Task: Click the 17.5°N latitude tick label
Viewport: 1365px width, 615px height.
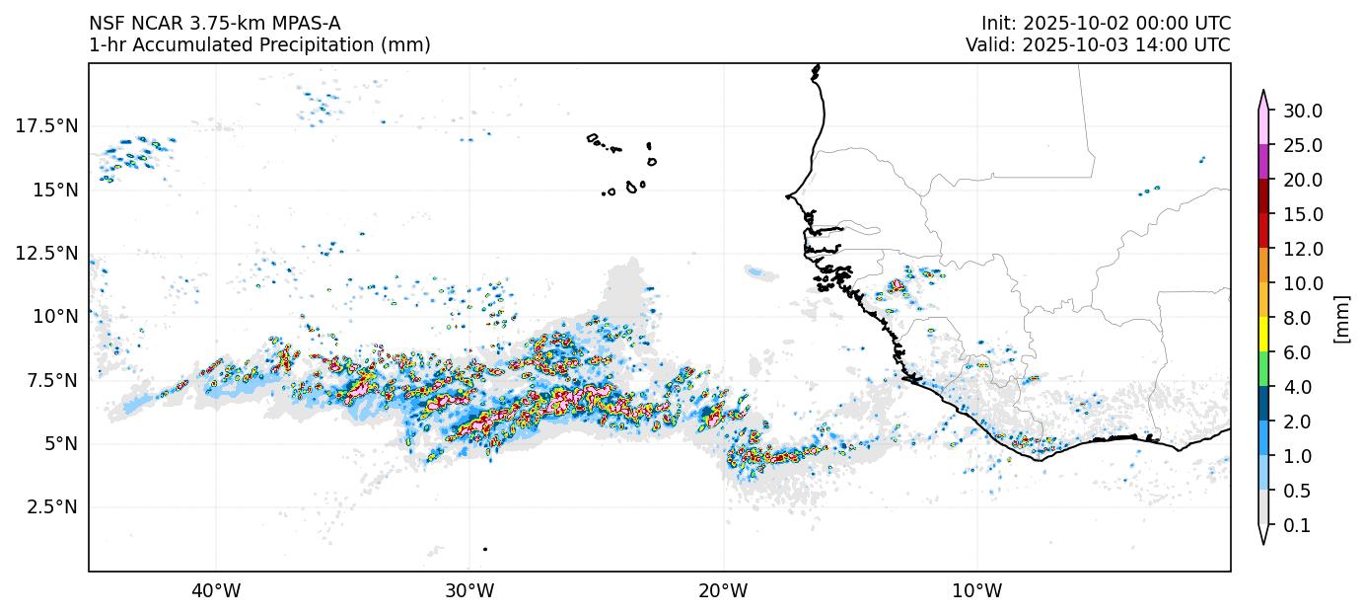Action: [46, 125]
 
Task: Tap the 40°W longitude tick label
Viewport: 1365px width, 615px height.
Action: [216, 591]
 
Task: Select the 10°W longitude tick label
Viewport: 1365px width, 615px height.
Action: [977, 591]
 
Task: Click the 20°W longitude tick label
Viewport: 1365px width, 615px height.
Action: [723, 591]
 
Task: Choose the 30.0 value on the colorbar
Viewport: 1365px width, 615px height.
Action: [1302, 111]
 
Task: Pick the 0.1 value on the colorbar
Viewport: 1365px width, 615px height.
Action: [1297, 526]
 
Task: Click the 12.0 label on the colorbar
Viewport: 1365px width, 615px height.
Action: [1302, 249]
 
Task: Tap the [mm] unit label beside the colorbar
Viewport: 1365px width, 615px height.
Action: [1340, 318]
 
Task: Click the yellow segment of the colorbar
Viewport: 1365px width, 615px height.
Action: [1262, 336]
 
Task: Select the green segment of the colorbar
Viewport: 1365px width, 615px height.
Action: [1262, 370]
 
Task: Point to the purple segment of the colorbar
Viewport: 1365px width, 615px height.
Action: [1262, 162]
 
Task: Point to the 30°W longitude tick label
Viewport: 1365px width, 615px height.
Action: [469, 591]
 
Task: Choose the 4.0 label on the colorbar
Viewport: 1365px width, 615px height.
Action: [1297, 388]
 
